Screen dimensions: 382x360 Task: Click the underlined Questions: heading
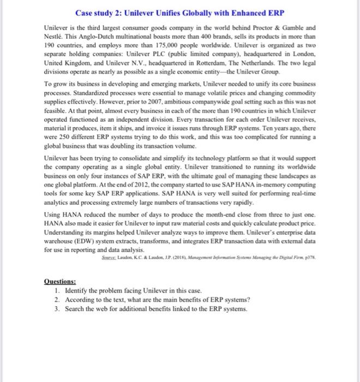click(61, 283)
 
